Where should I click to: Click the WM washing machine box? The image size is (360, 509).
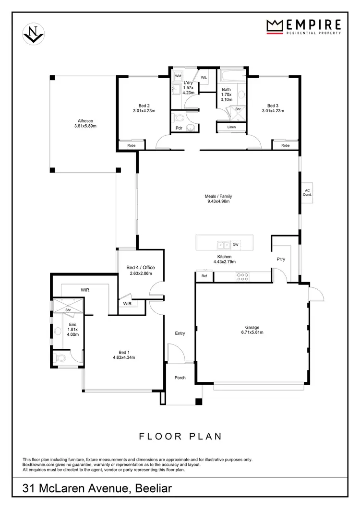pos(178,76)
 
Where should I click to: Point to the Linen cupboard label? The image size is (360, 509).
pos(231,127)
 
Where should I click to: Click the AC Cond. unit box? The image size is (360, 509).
pos(308,192)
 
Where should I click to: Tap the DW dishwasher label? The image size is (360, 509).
pos(235,245)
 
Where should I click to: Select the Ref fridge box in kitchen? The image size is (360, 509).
pos(204,276)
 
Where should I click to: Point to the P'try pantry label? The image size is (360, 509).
pos(281,259)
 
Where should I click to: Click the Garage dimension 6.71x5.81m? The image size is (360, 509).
pos(252,332)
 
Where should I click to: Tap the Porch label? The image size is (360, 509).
pos(180,378)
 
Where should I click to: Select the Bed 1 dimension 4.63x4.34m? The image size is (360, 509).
pos(124,357)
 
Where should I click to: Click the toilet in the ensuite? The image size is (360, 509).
pos(60,358)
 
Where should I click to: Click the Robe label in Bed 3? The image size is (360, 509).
pos(286,145)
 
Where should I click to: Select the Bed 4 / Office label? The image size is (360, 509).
pos(141,267)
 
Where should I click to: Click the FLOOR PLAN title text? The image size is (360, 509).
pos(180,437)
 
